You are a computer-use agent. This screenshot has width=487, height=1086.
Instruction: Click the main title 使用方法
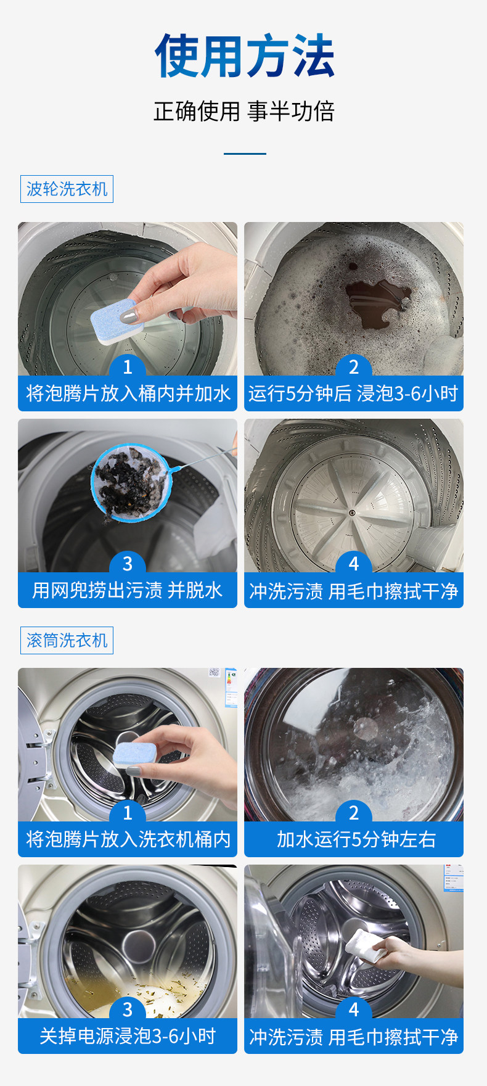click(244, 56)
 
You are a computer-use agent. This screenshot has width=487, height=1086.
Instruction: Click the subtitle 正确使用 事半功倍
click(244, 112)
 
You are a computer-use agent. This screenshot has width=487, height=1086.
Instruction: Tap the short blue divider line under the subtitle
click(245, 154)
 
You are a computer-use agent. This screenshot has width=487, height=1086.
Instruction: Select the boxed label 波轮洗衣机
click(67, 189)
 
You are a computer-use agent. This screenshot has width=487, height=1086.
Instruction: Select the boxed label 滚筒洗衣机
click(67, 641)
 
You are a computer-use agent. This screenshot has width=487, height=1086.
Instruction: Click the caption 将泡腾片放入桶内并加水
click(128, 393)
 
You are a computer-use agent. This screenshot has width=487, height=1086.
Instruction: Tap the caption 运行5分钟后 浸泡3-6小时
click(353, 393)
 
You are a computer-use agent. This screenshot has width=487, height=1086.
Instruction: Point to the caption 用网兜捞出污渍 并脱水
click(127, 590)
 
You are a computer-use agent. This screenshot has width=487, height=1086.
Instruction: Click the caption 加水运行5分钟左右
click(356, 839)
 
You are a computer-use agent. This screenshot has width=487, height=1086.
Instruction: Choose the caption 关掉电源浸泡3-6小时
click(128, 1036)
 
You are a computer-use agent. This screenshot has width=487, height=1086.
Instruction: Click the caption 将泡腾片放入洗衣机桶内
click(128, 839)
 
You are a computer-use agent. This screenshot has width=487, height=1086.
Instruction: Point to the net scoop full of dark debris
click(129, 481)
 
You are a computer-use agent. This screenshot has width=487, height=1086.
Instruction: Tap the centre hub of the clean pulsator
click(351, 512)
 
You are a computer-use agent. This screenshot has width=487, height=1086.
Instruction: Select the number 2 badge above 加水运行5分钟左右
click(354, 813)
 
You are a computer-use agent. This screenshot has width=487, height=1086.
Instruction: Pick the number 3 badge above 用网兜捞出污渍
click(128, 564)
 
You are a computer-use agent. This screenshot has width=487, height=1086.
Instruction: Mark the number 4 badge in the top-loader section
click(354, 564)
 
